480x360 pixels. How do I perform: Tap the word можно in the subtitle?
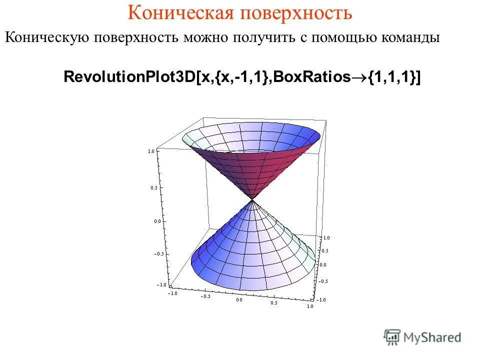(205, 38)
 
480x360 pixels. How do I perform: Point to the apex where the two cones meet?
(252, 200)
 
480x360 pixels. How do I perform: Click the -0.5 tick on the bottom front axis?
(205, 296)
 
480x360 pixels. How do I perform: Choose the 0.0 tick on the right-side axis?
(323, 264)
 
